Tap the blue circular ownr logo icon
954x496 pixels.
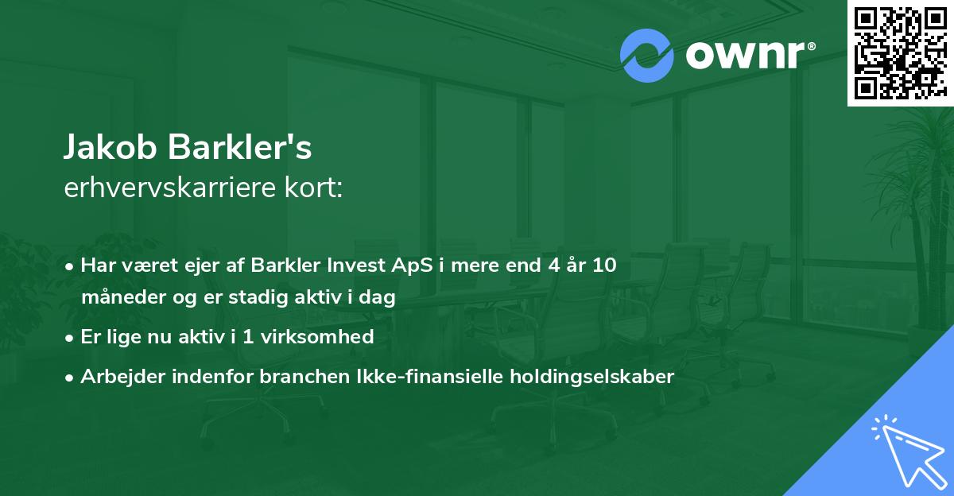[647, 56]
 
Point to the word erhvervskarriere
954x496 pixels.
[163, 188]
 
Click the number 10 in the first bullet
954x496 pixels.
[605, 265]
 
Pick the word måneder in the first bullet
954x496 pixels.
[116, 298]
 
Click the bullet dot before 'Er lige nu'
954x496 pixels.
[71, 338]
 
